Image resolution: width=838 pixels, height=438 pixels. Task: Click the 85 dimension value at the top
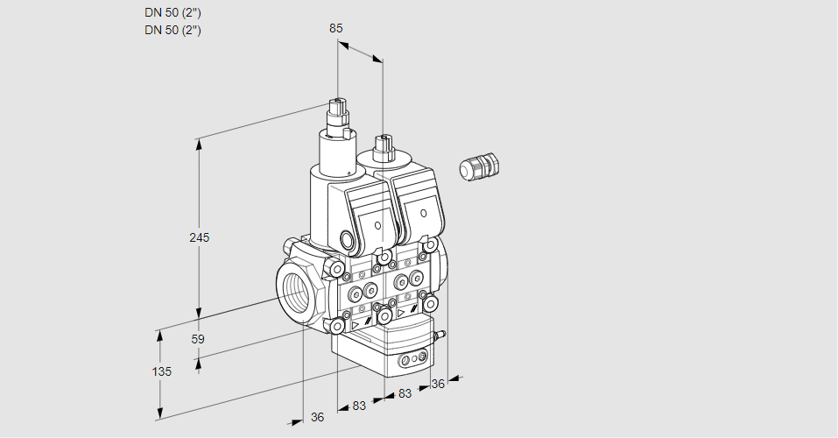(336, 28)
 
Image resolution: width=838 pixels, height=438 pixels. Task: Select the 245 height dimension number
(201, 237)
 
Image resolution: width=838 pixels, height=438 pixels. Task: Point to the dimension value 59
(198, 339)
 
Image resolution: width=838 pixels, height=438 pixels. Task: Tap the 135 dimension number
(161, 371)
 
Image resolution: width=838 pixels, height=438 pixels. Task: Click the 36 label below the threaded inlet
(317, 417)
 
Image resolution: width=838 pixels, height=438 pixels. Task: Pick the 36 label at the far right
(438, 383)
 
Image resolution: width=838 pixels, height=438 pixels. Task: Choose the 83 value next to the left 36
(359, 406)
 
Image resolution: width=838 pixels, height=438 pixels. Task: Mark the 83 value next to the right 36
(405, 393)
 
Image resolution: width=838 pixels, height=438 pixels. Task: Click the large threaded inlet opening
(295, 291)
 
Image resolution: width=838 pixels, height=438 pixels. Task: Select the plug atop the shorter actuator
(382, 144)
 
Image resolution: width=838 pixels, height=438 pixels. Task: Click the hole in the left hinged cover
(378, 225)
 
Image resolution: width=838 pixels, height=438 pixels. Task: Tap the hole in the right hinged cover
(423, 214)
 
